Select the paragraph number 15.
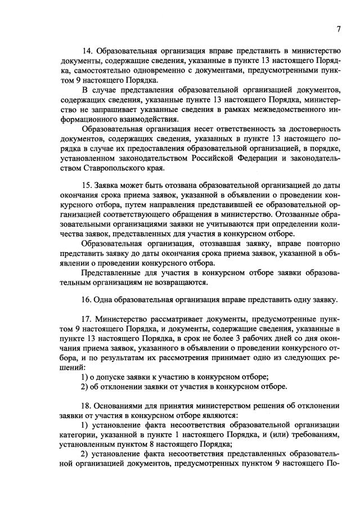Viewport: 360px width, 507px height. pos(87,184)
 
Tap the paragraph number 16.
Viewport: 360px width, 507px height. pos(87,299)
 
